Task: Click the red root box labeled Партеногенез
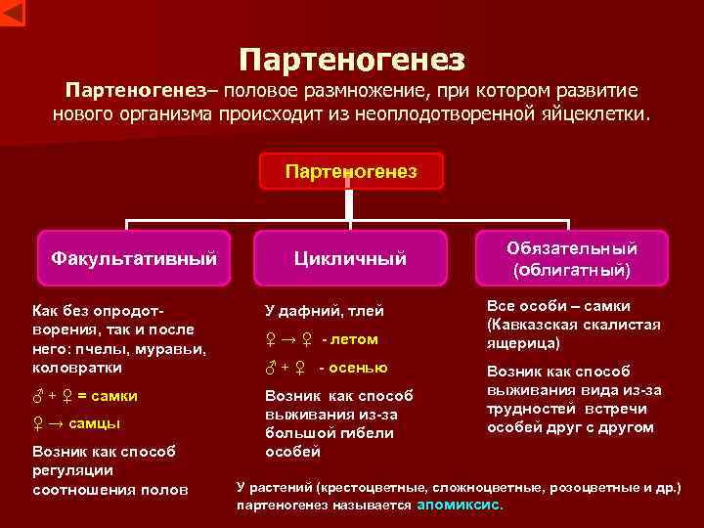click(x=351, y=171)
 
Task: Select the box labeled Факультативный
click(x=133, y=258)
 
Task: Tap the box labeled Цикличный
click(x=351, y=258)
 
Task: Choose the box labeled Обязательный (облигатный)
click(x=572, y=258)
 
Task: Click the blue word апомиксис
click(x=460, y=506)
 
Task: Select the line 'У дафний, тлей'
click(x=325, y=311)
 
